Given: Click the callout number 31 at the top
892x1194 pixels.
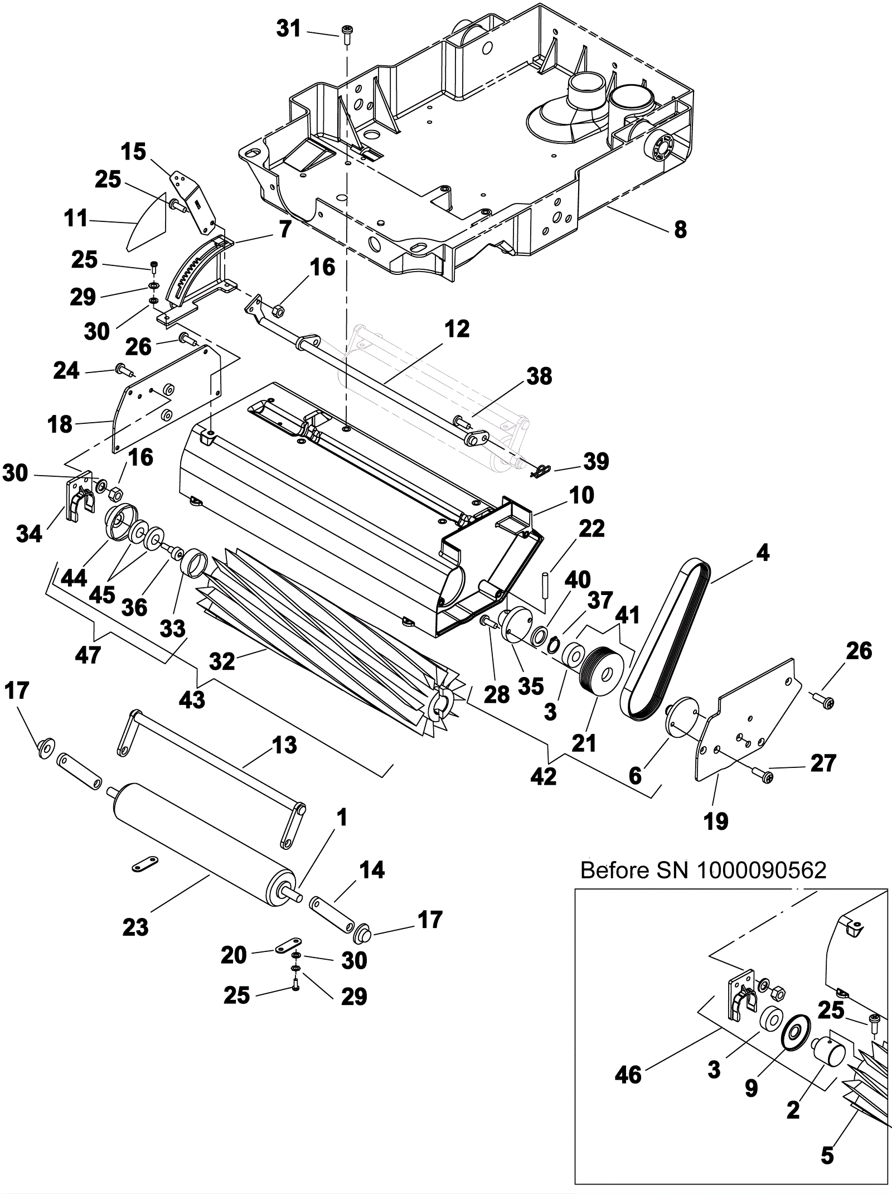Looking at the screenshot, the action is tap(289, 28).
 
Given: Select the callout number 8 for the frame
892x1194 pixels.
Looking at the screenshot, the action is tap(680, 229).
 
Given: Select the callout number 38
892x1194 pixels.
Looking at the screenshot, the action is tap(539, 376).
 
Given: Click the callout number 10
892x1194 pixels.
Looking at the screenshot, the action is tap(581, 495).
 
